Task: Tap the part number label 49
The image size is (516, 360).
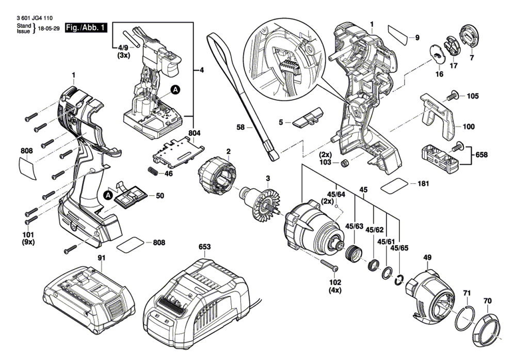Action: [427, 258]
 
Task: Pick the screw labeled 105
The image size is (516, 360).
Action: [453, 95]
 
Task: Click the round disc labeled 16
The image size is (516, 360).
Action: [438, 53]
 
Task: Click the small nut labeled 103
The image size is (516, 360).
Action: [344, 164]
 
